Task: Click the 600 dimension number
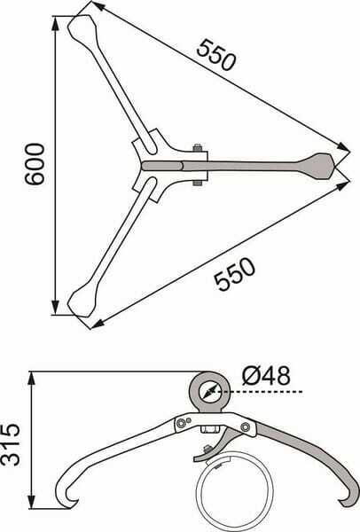[35, 164]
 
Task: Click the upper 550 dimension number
[215, 55]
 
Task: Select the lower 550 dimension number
[234, 274]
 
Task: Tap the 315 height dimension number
[10, 445]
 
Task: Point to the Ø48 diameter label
[266, 376]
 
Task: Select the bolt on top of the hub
[197, 148]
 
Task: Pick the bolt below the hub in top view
[197, 183]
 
